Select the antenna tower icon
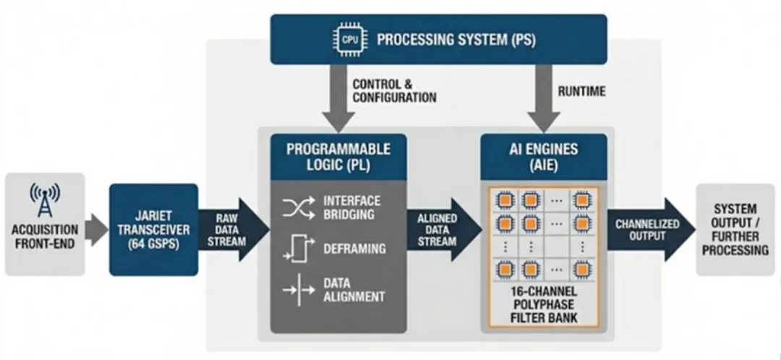click(x=44, y=202)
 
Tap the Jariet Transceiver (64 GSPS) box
click(x=153, y=229)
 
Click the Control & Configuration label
click(x=394, y=91)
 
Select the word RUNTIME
click(x=582, y=92)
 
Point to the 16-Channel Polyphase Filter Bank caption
click(x=543, y=307)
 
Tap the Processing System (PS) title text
click(x=456, y=39)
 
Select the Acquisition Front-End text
click(x=45, y=236)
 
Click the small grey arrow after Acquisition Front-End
click(x=96, y=230)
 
